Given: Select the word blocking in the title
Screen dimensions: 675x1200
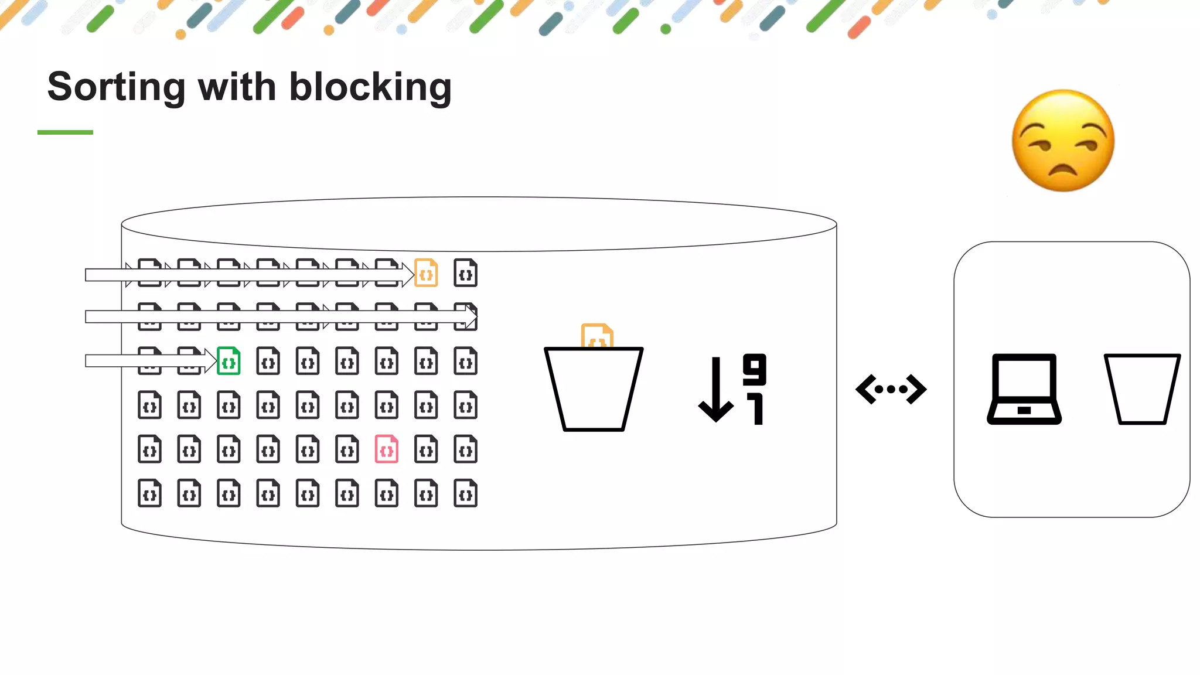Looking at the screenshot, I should coord(370,87).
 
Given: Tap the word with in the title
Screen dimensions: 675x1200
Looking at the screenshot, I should coord(237,87).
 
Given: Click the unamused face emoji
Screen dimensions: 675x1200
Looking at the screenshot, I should coord(1063,141).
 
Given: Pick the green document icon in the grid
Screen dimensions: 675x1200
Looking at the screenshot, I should coord(229,361).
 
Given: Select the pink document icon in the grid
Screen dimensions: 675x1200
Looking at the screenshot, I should coord(387,449).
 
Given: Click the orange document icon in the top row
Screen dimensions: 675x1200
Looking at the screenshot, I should coord(426,273).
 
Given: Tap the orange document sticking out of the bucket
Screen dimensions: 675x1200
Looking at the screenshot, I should coord(596,336).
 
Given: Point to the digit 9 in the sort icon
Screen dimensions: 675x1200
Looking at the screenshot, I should coord(754,369).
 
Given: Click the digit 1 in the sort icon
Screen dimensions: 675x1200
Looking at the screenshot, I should coord(756,409).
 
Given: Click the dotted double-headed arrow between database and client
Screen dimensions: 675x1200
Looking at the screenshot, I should coord(891,389).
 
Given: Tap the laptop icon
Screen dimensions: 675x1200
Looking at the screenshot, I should coord(1024,389).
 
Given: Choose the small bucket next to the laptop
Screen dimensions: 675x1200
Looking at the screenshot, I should coord(1142,389).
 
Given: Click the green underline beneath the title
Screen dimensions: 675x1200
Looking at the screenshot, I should coord(65,132).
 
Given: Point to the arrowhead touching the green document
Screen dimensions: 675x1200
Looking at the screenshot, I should coord(210,361).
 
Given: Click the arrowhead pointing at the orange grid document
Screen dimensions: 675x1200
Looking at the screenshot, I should coord(408,275).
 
